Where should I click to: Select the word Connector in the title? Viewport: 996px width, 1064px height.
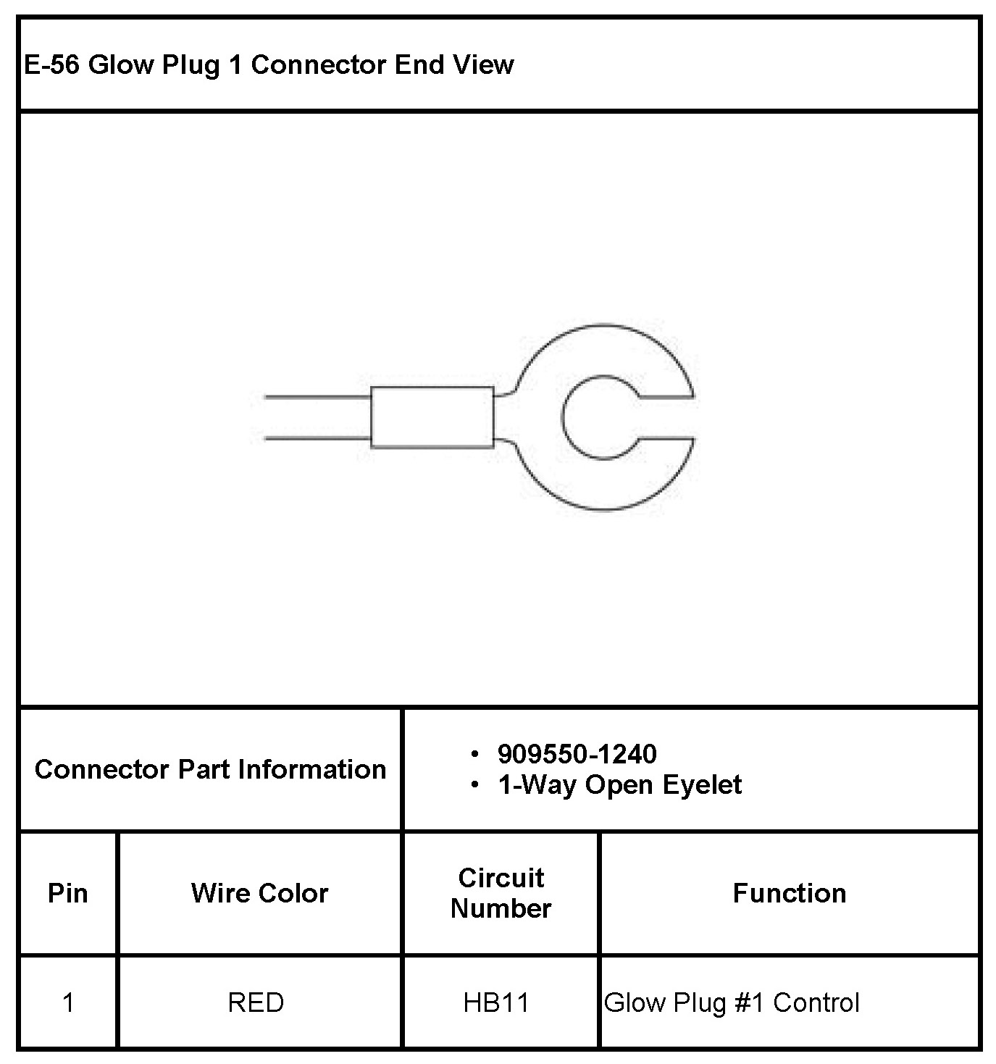point(318,65)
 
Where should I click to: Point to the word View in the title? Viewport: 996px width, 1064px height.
point(483,65)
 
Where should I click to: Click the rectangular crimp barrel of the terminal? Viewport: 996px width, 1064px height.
point(432,417)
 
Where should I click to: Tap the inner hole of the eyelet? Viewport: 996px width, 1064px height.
point(598,417)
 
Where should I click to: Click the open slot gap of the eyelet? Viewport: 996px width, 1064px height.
point(666,418)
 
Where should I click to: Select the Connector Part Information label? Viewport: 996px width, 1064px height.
point(210,769)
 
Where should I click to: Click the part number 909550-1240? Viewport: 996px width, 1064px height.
point(577,755)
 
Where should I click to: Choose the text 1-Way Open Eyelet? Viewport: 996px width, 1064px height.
point(619,785)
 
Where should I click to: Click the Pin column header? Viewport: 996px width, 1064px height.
point(67,894)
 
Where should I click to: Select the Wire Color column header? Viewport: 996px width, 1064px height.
point(259,894)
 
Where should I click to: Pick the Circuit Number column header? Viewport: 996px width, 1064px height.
point(501,893)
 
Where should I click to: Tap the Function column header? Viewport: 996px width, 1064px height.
point(789,894)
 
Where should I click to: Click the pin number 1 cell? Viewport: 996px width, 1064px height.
point(68,1003)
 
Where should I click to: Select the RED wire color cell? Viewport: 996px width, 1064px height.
point(256,1003)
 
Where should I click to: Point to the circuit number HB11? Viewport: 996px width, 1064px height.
point(496,1003)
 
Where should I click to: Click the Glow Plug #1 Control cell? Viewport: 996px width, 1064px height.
point(732,1003)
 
